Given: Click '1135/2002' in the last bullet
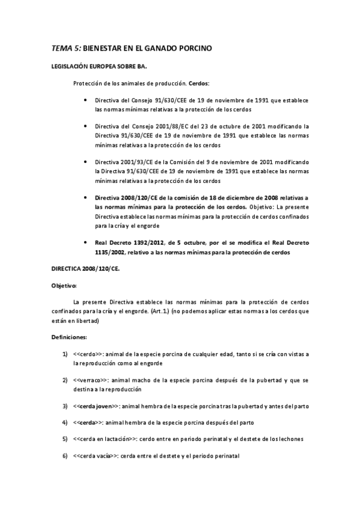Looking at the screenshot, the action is (x=112, y=253).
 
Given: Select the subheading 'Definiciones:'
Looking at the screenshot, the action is (x=69, y=337).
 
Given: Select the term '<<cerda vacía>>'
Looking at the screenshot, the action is (x=96, y=456).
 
